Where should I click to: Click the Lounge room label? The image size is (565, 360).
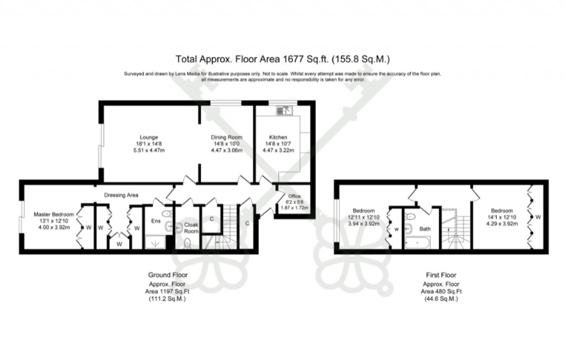pos(149,137)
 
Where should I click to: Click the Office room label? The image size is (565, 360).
pos(294,196)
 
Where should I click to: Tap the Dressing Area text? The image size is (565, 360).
pos(121,195)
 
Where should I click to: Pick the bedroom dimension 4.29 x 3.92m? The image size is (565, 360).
pos(502,224)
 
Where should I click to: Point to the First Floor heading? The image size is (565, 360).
pos(441,275)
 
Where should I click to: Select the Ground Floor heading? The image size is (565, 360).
pos(168,275)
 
